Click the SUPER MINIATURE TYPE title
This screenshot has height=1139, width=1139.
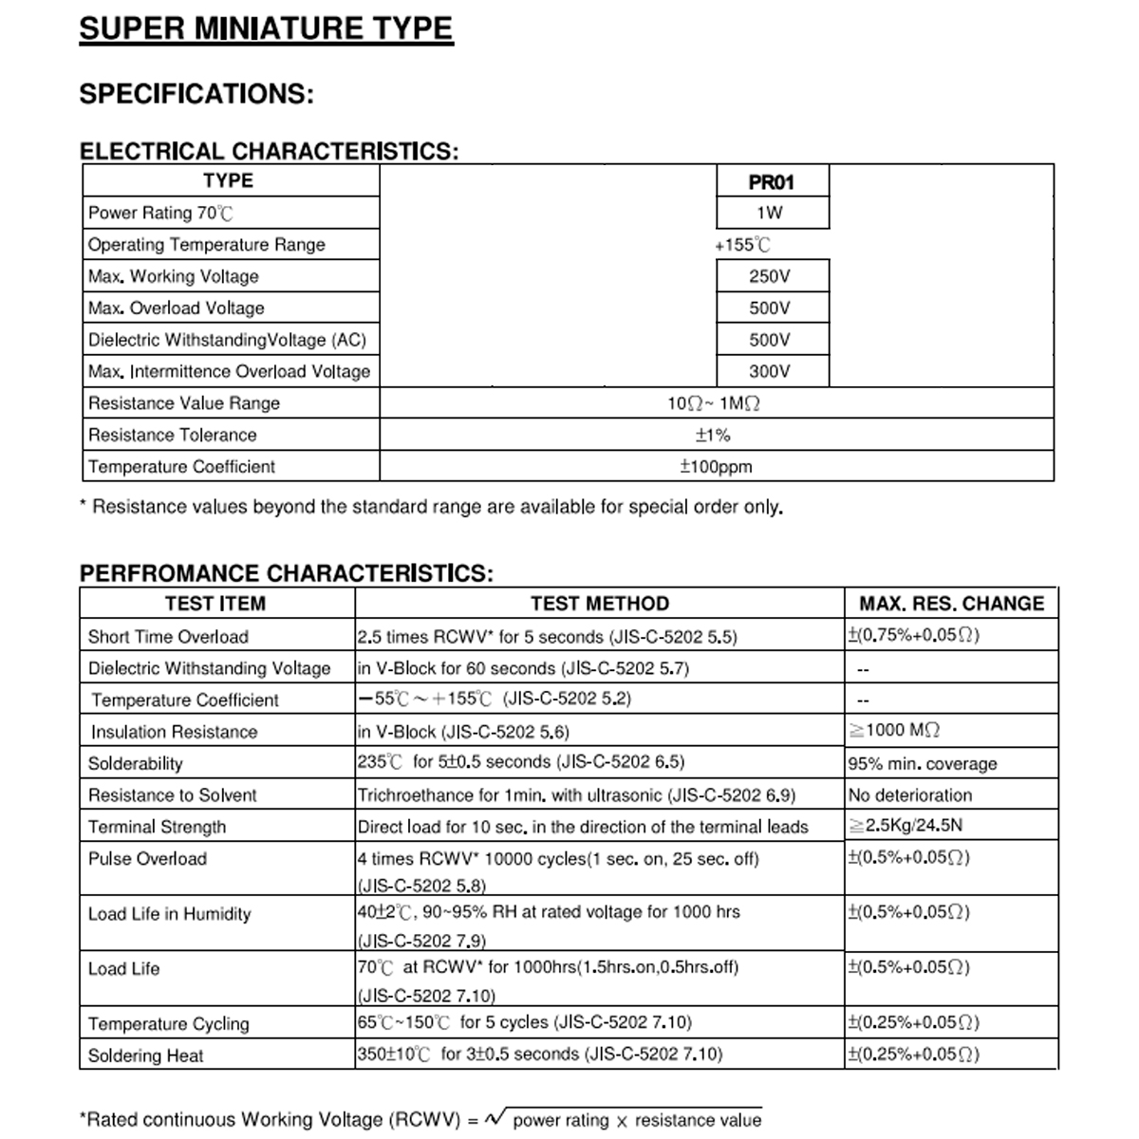click(266, 28)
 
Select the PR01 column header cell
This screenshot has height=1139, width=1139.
click(771, 182)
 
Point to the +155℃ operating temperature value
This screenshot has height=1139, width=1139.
click(742, 245)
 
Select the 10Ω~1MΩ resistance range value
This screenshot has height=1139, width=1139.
click(714, 403)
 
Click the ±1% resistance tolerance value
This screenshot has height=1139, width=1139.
click(713, 436)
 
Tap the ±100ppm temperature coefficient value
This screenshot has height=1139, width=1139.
click(716, 467)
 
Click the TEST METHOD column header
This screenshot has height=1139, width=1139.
click(599, 604)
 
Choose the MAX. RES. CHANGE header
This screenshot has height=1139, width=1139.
click(951, 604)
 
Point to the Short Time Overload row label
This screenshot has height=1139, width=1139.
click(168, 637)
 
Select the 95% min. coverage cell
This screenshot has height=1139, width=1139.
click(923, 764)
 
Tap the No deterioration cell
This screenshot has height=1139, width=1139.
click(910, 795)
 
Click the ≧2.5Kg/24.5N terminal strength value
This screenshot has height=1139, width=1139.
click(906, 826)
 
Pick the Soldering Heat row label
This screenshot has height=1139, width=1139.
click(145, 1055)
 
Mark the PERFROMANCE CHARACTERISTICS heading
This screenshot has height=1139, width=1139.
click(287, 573)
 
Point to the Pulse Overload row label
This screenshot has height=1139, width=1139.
click(147, 859)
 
